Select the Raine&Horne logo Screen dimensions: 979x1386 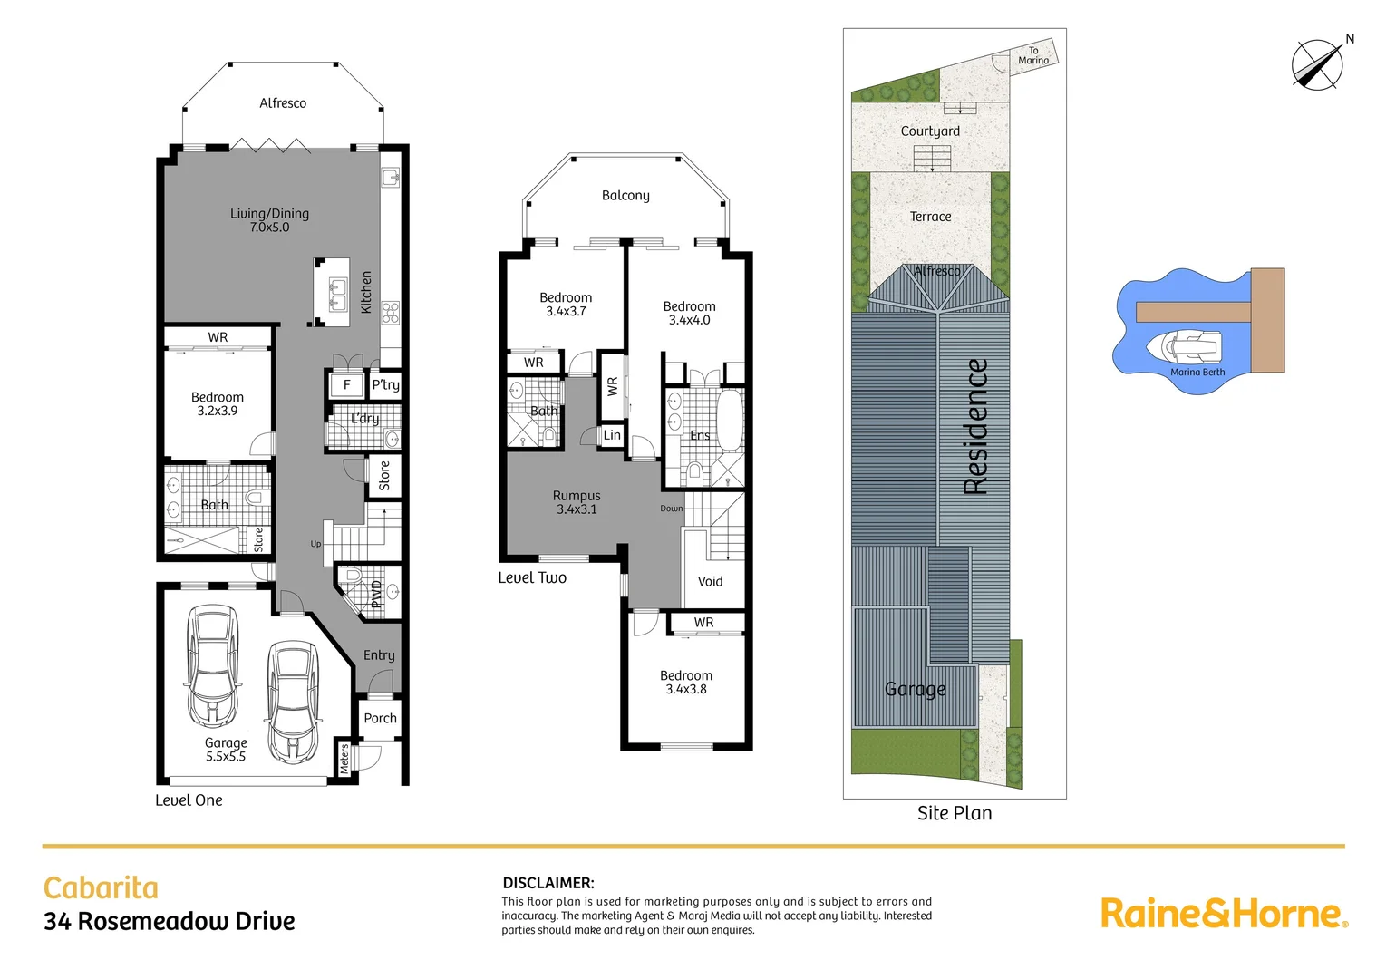click(1224, 913)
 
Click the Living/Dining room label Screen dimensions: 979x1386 click(269, 220)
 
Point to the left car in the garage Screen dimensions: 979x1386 click(212, 665)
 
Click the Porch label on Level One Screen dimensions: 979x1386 click(380, 718)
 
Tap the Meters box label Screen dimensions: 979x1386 click(344, 758)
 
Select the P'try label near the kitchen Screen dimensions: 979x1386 click(385, 384)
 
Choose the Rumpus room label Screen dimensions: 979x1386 click(577, 502)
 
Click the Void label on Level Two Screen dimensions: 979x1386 click(710, 581)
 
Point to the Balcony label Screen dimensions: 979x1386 click(625, 195)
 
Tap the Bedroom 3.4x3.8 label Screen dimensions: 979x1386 click(686, 682)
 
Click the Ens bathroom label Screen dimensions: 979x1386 click(700, 435)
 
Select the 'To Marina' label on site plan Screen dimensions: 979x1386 click(1033, 55)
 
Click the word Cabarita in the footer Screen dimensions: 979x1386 click(101, 887)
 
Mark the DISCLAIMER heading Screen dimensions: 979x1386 click(548, 882)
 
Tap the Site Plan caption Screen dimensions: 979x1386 click(955, 813)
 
